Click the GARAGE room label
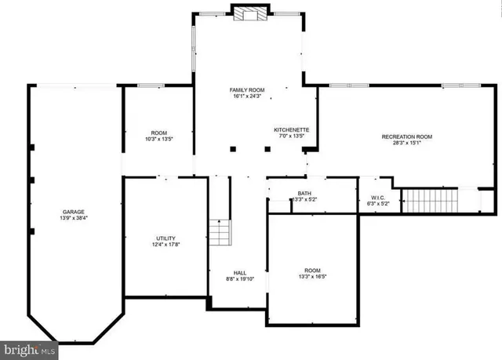coord(74,212)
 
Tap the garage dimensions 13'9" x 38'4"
coord(74,220)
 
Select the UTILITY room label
coord(165,238)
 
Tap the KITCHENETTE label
coord(291,129)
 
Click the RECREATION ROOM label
coord(406,136)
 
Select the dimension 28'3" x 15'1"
coord(406,144)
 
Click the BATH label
coord(304,193)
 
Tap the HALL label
coord(240,273)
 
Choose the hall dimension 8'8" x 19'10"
coord(240,280)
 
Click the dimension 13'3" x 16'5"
coord(313,276)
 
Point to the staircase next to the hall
coord(221,234)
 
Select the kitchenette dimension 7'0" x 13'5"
coord(291,136)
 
